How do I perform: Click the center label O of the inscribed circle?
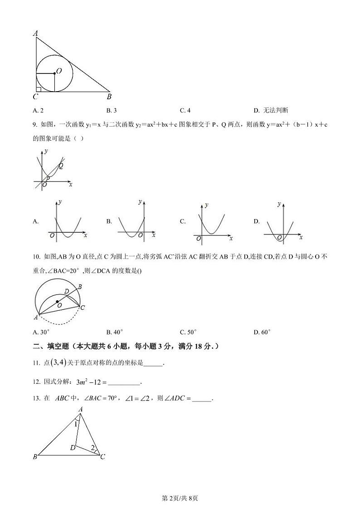[59, 71]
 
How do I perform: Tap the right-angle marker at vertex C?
[38, 89]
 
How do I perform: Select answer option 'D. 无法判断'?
[271, 110]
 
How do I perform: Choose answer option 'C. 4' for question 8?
[185, 110]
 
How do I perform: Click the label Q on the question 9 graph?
[60, 166]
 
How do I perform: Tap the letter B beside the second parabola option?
[109, 221]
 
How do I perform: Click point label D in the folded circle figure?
[67, 291]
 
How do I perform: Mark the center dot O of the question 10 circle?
[57, 301]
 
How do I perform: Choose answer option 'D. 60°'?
[262, 332]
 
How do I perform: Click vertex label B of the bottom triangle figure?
[35, 457]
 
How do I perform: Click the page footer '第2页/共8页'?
[180, 498]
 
